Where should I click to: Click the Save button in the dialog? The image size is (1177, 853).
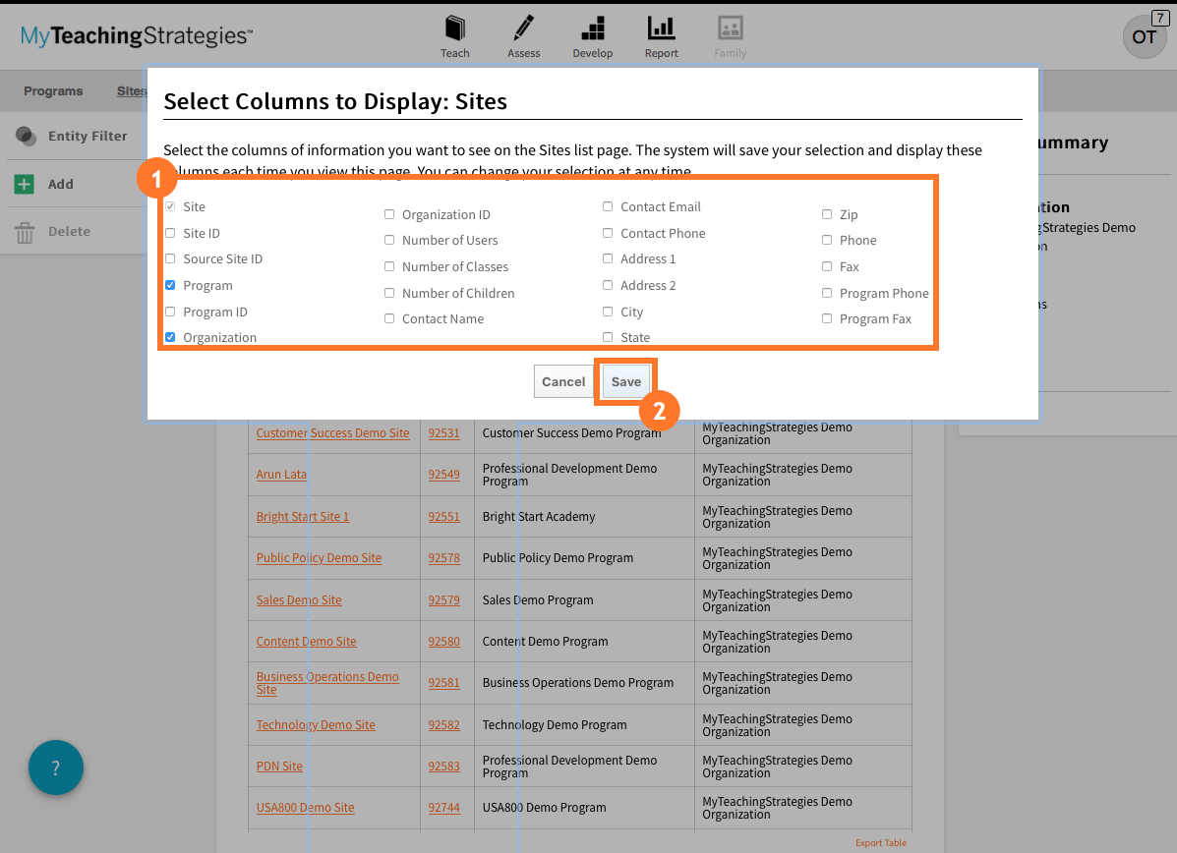[626, 382]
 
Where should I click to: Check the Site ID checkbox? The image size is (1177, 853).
[170, 233]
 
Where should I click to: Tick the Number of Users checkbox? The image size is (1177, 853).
[389, 240]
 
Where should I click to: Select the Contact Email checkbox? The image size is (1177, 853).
[608, 206]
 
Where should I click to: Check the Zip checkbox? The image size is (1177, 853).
[827, 214]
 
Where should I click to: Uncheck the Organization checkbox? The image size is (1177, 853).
[170, 337]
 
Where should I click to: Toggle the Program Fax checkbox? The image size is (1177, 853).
[827, 318]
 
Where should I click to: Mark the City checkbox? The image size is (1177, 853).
[608, 312]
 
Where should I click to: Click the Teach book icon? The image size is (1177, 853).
[454, 28]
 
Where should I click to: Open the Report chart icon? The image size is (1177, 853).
[661, 28]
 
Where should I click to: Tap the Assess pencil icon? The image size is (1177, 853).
[523, 28]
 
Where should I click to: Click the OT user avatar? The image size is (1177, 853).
[1144, 36]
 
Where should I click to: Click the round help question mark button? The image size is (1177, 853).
[56, 768]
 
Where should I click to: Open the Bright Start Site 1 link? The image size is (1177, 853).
[303, 517]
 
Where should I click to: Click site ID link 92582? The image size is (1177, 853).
[443, 725]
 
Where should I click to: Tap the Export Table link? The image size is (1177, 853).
[881, 843]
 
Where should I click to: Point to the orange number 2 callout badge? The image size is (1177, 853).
[660, 410]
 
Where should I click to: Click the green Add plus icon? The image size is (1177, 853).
[25, 185]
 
